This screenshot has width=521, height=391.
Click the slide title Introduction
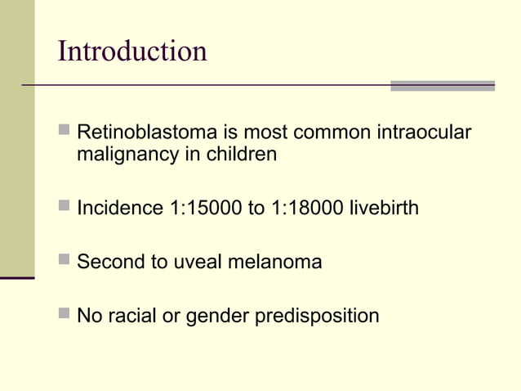[x=132, y=51]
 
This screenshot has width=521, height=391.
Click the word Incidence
[x=119, y=208]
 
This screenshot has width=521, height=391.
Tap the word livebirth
[x=384, y=208]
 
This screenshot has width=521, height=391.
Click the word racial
[x=132, y=316]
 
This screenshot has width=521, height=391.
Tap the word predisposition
[x=318, y=317]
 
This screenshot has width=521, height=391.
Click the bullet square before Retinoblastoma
[x=65, y=130]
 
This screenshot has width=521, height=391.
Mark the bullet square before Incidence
[x=65, y=206]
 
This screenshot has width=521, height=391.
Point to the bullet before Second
[x=65, y=260]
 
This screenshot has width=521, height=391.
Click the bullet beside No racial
[x=65, y=314]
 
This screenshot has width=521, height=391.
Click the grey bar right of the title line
[x=442, y=85]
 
